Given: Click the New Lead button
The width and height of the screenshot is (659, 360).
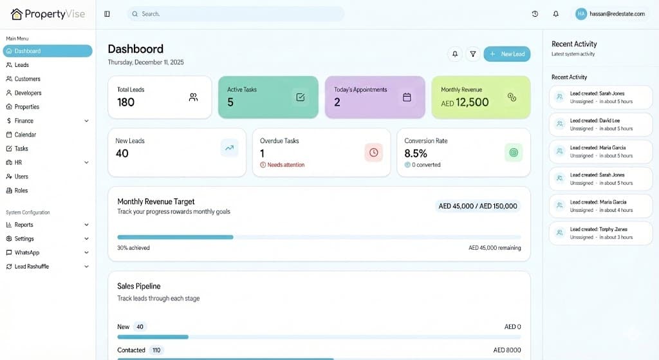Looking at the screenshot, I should coord(507,54).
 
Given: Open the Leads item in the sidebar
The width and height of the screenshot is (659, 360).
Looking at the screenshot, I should coord(22,65).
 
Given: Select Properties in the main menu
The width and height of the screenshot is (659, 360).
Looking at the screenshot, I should coord(27,107).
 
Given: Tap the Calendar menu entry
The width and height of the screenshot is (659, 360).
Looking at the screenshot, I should coord(25,135).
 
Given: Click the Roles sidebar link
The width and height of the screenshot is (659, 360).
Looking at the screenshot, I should coord(21,191).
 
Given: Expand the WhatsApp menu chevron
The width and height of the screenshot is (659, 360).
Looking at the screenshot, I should coord(86,252).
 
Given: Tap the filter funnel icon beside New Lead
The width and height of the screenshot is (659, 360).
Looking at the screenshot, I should coord(473,54).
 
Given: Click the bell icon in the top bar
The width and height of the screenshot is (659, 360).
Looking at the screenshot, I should coord(556,14).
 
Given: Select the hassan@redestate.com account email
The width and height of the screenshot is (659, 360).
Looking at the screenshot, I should coord(617,14).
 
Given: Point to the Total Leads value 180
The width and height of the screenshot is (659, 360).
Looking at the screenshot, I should coord(126,102).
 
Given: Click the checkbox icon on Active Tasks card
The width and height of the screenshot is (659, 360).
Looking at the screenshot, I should coord(300,97).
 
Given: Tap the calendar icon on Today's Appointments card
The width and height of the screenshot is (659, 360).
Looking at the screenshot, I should coord(407,97).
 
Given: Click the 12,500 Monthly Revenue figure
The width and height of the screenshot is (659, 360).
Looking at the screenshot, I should coord(472,102).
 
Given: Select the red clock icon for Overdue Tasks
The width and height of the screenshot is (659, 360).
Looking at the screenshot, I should coord(373,152).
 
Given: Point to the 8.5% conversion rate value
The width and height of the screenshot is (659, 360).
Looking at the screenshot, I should coord(416,153).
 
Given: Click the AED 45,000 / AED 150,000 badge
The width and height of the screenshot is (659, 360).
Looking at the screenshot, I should coord(478,206).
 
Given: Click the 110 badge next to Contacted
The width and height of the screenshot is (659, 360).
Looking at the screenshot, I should coord(156,350).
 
